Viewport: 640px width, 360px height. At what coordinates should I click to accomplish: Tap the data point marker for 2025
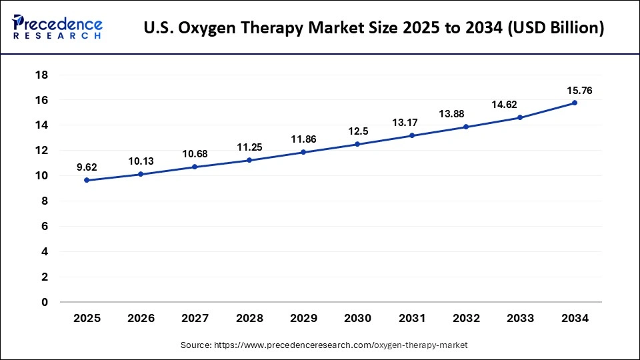point(87,180)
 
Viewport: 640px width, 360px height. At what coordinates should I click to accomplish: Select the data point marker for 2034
point(574,103)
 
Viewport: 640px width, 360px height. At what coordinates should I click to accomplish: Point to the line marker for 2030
point(357,144)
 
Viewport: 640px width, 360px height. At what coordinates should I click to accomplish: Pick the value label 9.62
point(87,167)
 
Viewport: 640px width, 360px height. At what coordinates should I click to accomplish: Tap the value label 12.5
point(357,131)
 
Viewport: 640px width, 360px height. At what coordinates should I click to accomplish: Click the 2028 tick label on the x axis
point(249,319)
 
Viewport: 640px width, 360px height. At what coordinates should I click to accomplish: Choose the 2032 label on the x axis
point(465,319)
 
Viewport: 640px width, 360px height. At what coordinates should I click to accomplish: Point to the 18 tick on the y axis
point(41,75)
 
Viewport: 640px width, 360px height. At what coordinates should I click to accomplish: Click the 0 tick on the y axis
point(45,302)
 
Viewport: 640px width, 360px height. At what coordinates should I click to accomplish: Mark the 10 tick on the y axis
point(41,176)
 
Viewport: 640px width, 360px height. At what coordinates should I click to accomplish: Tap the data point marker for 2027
point(195,167)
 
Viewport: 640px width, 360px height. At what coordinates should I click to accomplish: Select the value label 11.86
point(303,139)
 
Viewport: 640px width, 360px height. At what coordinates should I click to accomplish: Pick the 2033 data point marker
point(520,117)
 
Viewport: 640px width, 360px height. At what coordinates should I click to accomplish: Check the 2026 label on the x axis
point(141,319)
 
